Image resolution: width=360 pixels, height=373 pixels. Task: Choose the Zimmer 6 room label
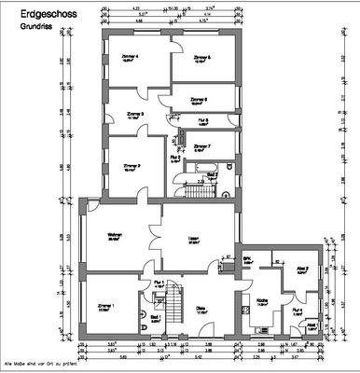(204, 99)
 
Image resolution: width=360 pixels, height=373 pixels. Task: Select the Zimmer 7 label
(202, 146)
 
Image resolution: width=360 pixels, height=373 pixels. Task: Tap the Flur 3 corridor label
(202, 120)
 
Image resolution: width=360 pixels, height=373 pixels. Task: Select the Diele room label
(201, 311)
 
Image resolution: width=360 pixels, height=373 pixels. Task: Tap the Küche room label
(263, 300)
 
